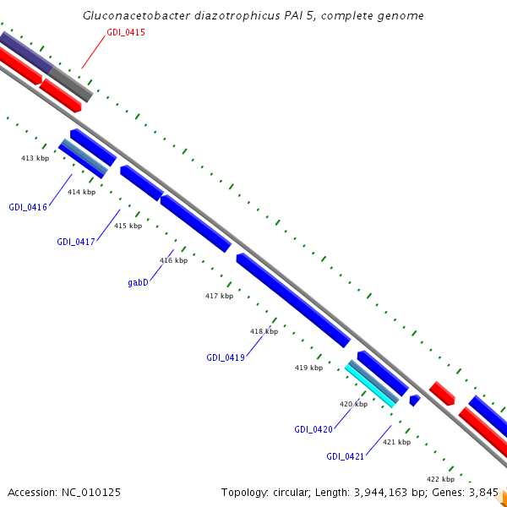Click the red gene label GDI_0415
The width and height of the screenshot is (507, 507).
tap(126, 32)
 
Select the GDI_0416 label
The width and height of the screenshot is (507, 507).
tap(28, 207)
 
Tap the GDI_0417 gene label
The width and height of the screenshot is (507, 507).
tap(76, 242)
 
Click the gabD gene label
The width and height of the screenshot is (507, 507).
tap(139, 283)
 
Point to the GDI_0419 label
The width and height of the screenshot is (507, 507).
tap(226, 357)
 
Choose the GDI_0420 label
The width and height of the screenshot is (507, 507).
tap(313, 429)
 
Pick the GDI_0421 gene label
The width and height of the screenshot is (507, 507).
tap(346, 456)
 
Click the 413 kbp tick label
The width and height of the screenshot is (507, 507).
tap(35, 158)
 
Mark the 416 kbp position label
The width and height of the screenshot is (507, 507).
tap(173, 260)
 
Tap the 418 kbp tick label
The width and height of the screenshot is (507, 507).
tap(264, 331)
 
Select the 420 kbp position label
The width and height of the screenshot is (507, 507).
tap(353, 404)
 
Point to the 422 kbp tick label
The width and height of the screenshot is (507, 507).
tap(440, 478)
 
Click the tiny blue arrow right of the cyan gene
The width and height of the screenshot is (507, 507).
tap(414, 400)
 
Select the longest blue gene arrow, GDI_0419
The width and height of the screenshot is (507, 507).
tap(292, 300)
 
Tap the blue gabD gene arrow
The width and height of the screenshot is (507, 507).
tap(195, 223)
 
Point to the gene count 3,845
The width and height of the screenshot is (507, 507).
tap(481, 492)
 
